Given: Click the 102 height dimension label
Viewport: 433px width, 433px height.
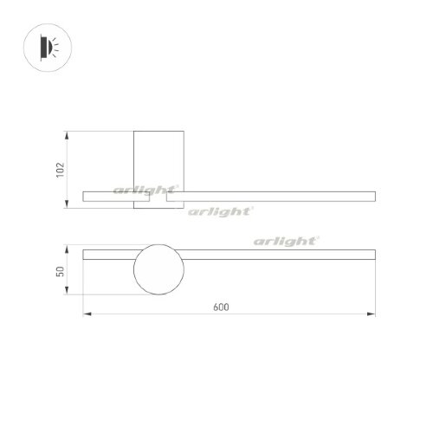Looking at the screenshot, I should pos(60,170).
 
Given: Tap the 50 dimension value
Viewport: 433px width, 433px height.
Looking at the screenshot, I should pos(60,271).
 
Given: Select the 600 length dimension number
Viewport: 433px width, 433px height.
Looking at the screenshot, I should pos(228,305).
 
